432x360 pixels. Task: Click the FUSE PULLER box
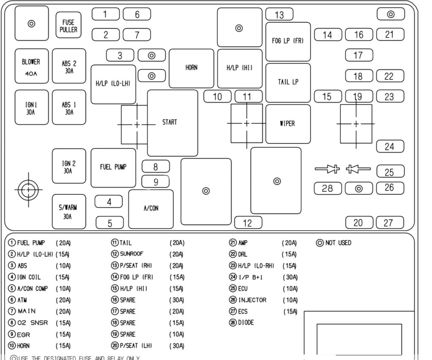[x=68, y=25]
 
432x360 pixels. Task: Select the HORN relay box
[x=191, y=68]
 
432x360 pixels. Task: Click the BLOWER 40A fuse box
[x=31, y=66]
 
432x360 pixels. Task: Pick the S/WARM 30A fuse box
[x=68, y=212]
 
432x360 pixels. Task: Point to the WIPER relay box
[x=288, y=124]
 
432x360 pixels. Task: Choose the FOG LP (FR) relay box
[x=288, y=41]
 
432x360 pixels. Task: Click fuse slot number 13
[x=279, y=15]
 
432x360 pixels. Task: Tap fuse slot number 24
[x=390, y=146]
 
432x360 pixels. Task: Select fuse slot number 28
[x=327, y=188]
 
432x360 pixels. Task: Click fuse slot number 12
[x=248, y=223]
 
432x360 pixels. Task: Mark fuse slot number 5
[x=110, y=223]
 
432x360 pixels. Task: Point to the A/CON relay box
[x=151, y=208]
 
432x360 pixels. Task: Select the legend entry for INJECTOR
[x=252, y=300]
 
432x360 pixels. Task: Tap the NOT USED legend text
[x=338, y=243]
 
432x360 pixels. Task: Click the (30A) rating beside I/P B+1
[x=290, y=277]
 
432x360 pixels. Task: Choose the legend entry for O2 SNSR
[x=32, y=323]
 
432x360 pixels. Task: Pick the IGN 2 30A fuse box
[x=68, y=166]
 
